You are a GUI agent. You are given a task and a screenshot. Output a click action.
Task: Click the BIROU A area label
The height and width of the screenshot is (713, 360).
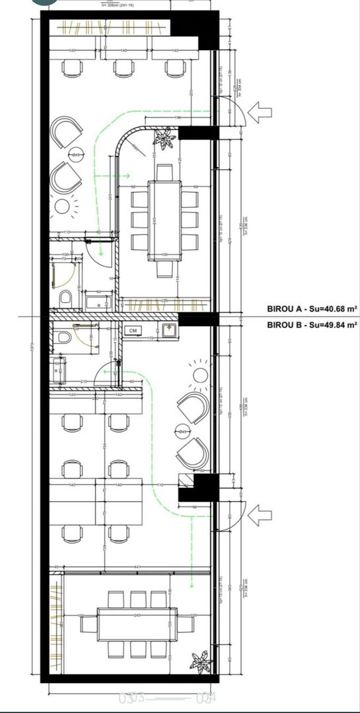(x=312, y=308)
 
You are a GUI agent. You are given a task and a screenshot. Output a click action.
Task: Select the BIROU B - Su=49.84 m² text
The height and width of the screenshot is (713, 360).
(x=312, y=324)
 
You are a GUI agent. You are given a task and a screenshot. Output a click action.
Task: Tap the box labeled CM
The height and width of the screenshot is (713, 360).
(x=133, y=330)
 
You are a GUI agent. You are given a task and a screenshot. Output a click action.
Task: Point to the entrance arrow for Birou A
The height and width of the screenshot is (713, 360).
(x=261, y=110)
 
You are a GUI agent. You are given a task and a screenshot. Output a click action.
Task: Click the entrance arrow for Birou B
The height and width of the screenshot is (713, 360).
(x=261, y=513)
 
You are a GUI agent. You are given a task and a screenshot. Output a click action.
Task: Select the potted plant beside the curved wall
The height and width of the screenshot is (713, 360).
(x=163, y=138)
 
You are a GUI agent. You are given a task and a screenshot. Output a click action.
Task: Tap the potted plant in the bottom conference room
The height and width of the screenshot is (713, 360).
(x=198, y=661)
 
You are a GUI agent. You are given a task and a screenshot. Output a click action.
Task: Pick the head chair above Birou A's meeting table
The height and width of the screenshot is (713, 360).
(x=164, y=172)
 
